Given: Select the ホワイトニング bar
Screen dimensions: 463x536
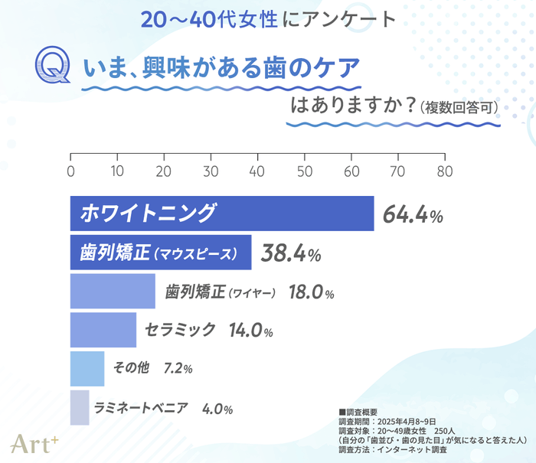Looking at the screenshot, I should pos(222,214).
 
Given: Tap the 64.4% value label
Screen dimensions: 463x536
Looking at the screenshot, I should pos(413,215).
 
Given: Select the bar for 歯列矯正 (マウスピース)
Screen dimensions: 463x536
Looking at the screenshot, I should pos(161,253).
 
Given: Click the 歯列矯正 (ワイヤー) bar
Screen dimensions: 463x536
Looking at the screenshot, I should pos(113,292).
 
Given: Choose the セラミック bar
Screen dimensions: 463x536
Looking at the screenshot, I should pos(103,330).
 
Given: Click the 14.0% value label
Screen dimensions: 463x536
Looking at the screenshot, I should pos(250,331).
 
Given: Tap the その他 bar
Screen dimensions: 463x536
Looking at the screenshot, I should pos(87,369).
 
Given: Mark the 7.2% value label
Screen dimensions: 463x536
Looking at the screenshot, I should pos(178,369).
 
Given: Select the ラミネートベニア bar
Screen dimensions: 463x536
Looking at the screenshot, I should pos(80,407).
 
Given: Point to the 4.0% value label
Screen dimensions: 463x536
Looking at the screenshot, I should pos(217,409).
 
